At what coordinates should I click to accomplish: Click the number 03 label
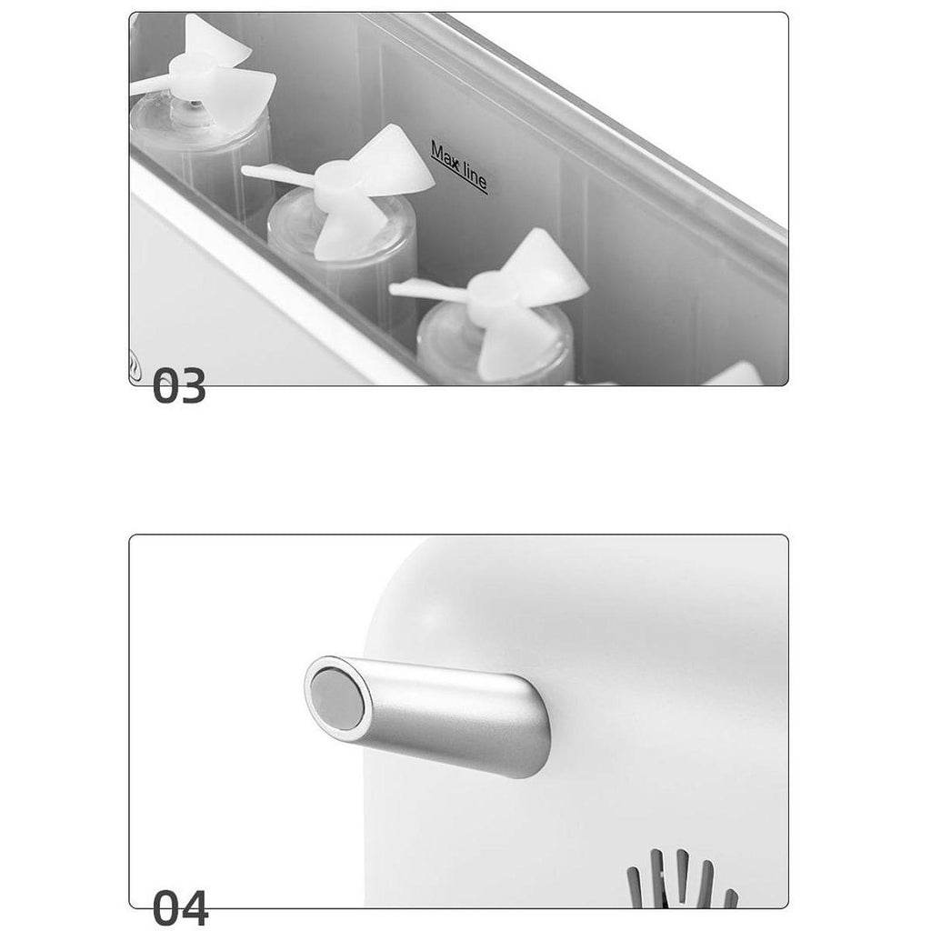click(x=179, y=385)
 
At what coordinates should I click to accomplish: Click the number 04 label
click(x=180, y=908)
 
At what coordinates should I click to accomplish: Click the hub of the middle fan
click(x=338, y=179)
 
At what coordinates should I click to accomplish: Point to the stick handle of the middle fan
click(x=279, y=174)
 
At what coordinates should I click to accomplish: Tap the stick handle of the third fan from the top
click(x=430, y=289)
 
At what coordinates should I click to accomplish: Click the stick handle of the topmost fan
click(x=150, y=85)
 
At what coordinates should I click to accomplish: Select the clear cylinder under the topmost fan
click(x=202, y=152)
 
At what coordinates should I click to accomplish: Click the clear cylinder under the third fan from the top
click(x=496, y=345)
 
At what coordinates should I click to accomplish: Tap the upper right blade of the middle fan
click(x=398, y=159)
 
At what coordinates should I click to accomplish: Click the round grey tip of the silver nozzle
click(x=337, y=698)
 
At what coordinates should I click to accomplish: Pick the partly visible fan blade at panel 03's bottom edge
click(x=734, y=374)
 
